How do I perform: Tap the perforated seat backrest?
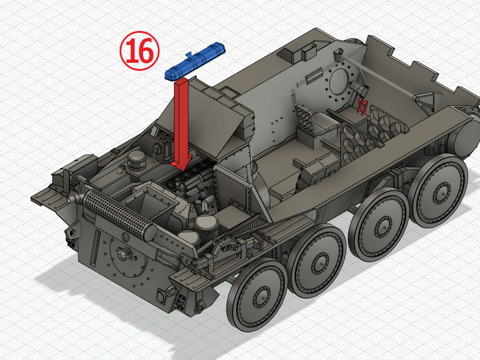point(306,119)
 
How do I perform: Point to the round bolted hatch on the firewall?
point(339,84)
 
